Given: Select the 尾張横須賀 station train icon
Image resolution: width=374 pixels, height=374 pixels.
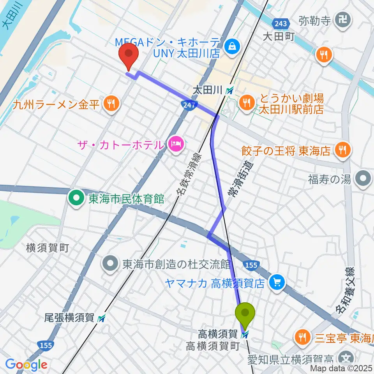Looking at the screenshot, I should (x=102, y=318).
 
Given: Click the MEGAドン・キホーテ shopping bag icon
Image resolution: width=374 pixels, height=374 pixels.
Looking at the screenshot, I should (x=232, y=46).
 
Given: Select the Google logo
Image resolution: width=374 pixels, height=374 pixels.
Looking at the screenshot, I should (x=26, y=365).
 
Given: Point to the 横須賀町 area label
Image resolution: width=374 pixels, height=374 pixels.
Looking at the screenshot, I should (x=48, y=247).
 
